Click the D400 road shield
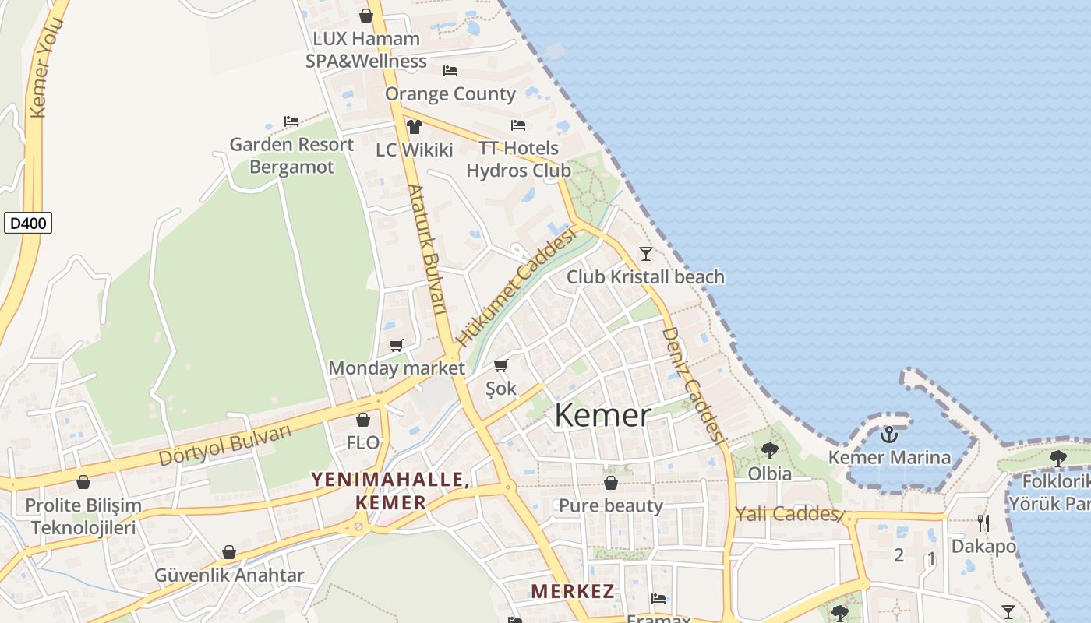[x=28, y=224]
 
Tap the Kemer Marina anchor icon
[x=889, y=435]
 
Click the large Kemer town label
[x=602, y=416]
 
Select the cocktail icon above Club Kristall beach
[x=645, y=253]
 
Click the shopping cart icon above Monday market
[x=397, y=345]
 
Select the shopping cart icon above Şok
[x=501, y=365]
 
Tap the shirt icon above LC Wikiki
[x=414, y=126]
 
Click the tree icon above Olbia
[x=769, y=450]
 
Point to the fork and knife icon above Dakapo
[x=983, y=523]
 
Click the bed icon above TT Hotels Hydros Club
[x=518, y=125]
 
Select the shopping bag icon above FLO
[x=363, y=421]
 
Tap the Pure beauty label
[x=611, y=505]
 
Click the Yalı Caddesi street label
[x=787, y=514]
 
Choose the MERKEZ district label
[x=573, y=591]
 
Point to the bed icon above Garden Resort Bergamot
[x=291, y=121]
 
